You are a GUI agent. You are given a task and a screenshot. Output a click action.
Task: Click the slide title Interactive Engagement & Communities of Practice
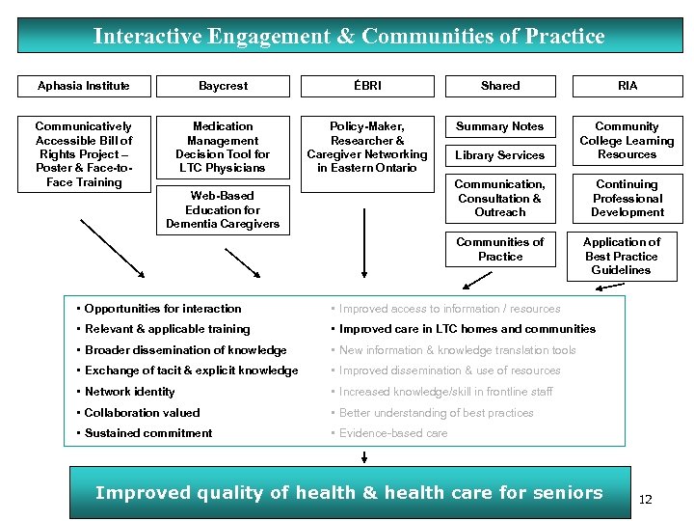click(348, 37)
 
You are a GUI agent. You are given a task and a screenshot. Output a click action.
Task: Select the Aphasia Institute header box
click(84, 86)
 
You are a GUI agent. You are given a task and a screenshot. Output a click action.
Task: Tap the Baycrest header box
click(223, 86)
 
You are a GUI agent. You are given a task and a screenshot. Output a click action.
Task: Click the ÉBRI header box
click(366, 86)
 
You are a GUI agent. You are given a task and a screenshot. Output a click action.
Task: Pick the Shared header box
click(500, 86)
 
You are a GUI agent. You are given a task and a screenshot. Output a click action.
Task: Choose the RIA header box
click(627, 86)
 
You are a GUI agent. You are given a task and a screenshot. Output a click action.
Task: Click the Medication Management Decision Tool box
click(223, 147)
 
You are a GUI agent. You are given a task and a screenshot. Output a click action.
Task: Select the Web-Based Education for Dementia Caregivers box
click(223, 209)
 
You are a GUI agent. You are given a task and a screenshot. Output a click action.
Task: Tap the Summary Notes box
click(500, 126)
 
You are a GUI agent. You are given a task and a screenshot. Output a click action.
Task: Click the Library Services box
click(500, 155)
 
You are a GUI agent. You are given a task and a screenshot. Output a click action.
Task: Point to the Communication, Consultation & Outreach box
click(500, 198)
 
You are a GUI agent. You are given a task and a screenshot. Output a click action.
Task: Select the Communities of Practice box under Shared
click(500, 249)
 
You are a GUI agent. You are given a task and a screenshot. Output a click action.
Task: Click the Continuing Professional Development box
click(627, 198)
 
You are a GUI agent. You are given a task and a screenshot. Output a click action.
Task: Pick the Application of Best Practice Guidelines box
click(622, 256)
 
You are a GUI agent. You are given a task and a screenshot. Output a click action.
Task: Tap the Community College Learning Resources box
click(627, 140)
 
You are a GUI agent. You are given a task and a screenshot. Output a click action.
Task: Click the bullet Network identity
click(129, 392)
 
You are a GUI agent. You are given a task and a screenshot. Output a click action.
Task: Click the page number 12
click(646, 499)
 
